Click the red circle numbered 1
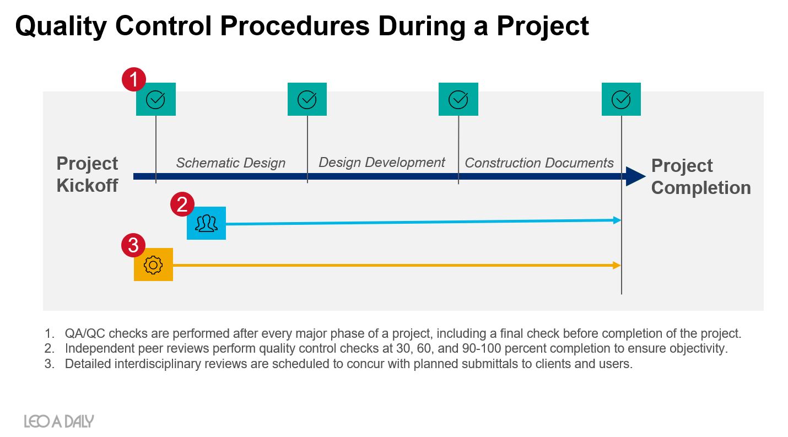click(x=134, y=79)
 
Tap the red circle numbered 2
click(x=182, y=204)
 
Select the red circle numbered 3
click(x=133, y=245)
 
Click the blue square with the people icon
click(x=206, y=223)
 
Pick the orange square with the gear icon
click(x=153, y=265)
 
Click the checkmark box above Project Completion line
click(x=621, y=99)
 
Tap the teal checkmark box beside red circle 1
click(x=156, y=99)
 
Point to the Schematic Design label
click(x=231, y=163)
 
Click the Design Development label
click(x=382, y=163)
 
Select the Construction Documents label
click(x=539, y=163)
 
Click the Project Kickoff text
click(x=87, y=175)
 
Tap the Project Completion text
click(x=701, y=176)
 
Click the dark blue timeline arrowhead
click(x=635, y=176)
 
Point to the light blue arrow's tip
click(x=620, y=220)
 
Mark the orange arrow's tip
click(x=620, y=265)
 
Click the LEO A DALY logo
click(x=59, y=421)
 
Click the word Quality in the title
click(x=61, y=26)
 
